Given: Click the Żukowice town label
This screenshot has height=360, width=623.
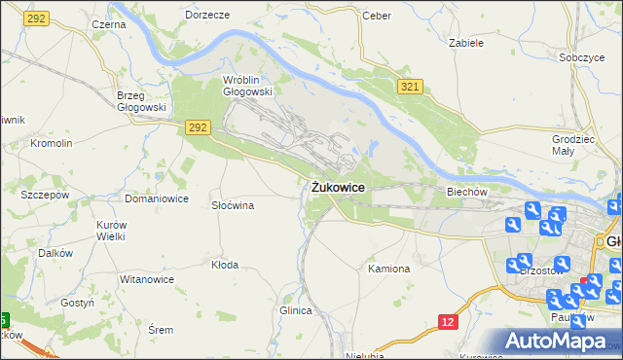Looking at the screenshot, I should point(339,188).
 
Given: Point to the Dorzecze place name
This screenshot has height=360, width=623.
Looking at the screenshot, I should point(206,16).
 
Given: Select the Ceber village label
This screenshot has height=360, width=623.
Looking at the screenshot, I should point(376,16).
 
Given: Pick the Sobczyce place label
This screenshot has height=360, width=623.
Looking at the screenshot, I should point(582,57).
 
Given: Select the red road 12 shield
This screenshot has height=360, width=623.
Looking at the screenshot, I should point(447,322).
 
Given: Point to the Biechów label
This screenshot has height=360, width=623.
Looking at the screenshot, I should point(466,192).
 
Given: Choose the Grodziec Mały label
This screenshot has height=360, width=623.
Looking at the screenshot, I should point(570,145).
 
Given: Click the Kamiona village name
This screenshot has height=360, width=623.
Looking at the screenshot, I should point(388,268).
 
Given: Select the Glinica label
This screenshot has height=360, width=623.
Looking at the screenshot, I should point(295,310).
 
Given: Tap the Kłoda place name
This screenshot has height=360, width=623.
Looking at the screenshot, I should point(225,264).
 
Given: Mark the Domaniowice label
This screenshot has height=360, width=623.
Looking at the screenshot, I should point(156,198).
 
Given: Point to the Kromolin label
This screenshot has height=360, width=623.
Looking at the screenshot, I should point(52,143).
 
